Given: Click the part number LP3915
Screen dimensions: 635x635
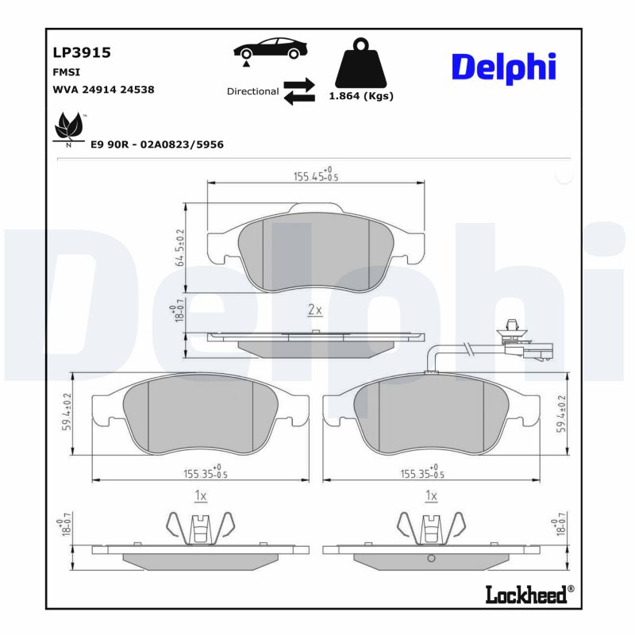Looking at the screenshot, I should pos(81,52).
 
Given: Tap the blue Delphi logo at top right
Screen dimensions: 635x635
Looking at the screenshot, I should pos(503,68).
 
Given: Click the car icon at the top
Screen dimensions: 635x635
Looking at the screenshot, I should pos(271,48).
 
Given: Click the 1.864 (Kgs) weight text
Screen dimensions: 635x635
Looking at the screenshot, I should pos(361,96).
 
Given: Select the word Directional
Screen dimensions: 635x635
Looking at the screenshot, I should pos(252,91).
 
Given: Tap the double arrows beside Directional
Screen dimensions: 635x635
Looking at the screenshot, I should pos(299,91).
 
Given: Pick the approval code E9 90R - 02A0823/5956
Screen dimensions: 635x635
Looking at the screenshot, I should pos(157,144).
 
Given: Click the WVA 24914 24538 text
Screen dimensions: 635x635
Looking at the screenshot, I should pos(103,90).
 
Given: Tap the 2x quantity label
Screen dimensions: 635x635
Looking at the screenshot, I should pos(314,310).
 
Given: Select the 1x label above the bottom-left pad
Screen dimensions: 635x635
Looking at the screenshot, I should pos(200,496).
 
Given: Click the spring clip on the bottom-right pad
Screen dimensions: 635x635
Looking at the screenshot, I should pos(430,528).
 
